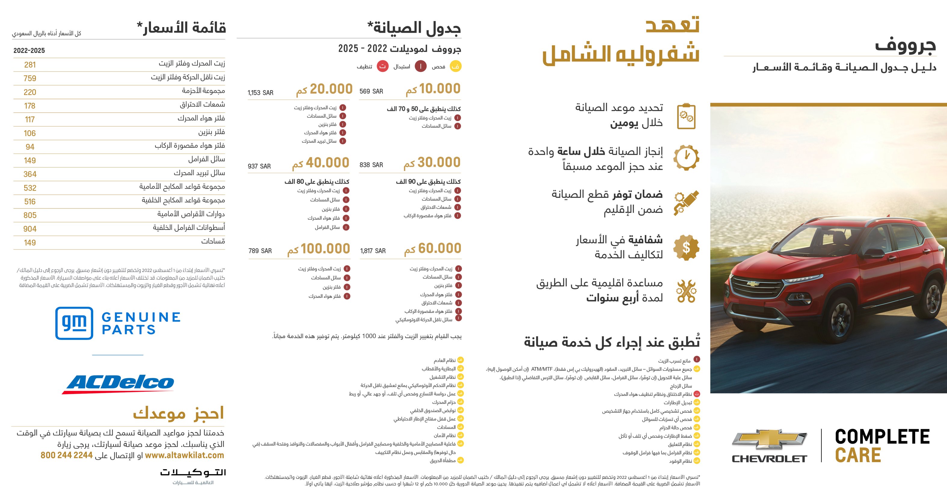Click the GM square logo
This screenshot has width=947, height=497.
point(74,323)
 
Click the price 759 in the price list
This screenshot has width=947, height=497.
point(30,78)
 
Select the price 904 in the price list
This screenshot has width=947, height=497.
point(30,229)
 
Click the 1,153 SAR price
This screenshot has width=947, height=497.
point(260,93)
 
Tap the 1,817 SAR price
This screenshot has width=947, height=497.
point(373,251)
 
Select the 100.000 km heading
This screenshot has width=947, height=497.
point(318,249)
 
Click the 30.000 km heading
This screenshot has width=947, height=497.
point(432,163)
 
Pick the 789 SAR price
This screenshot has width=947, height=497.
point(260,251)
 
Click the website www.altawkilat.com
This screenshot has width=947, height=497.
point(184,455)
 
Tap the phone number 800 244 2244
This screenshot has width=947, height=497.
point(66,455)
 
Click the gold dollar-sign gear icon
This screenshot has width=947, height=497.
point(686,248)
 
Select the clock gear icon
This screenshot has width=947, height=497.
point(686,157)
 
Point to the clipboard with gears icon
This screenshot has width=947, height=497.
point(686,116)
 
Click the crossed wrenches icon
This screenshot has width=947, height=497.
point(686,291)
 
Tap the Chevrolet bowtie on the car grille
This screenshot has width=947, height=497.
point(753,284)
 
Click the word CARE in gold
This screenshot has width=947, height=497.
point(858,455)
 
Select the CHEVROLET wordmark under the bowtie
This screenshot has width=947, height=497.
point(769,459)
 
